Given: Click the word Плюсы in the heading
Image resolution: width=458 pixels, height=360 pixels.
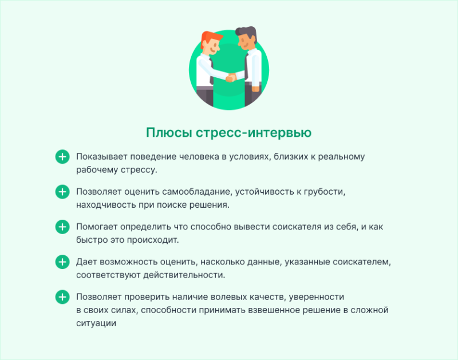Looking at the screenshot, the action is coord(169,133).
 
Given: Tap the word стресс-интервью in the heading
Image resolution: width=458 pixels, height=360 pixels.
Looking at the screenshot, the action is coord(254,133).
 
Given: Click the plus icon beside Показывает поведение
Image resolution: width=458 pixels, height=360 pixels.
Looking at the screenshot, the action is coord(62,157).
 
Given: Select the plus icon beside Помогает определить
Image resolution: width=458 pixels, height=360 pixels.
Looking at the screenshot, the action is coord(62,227).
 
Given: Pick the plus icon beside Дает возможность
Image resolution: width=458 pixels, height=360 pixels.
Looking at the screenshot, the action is coord(62,262).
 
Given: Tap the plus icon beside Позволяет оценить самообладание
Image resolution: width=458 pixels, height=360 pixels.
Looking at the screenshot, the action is coord(62,192).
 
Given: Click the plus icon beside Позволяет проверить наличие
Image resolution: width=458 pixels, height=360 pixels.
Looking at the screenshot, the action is coord(62,297).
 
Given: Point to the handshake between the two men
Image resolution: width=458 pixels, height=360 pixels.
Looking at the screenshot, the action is coord(231,77).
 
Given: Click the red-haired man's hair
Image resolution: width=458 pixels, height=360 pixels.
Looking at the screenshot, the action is coord(211,38).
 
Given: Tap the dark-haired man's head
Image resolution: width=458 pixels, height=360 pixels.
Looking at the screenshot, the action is coord(247,38).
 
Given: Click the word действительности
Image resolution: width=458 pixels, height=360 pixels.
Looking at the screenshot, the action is coord(184,275).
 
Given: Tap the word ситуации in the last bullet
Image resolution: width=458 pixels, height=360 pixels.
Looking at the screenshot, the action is coord(96,323).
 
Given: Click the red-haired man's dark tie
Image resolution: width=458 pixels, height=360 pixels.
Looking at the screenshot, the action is coord(211,72).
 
